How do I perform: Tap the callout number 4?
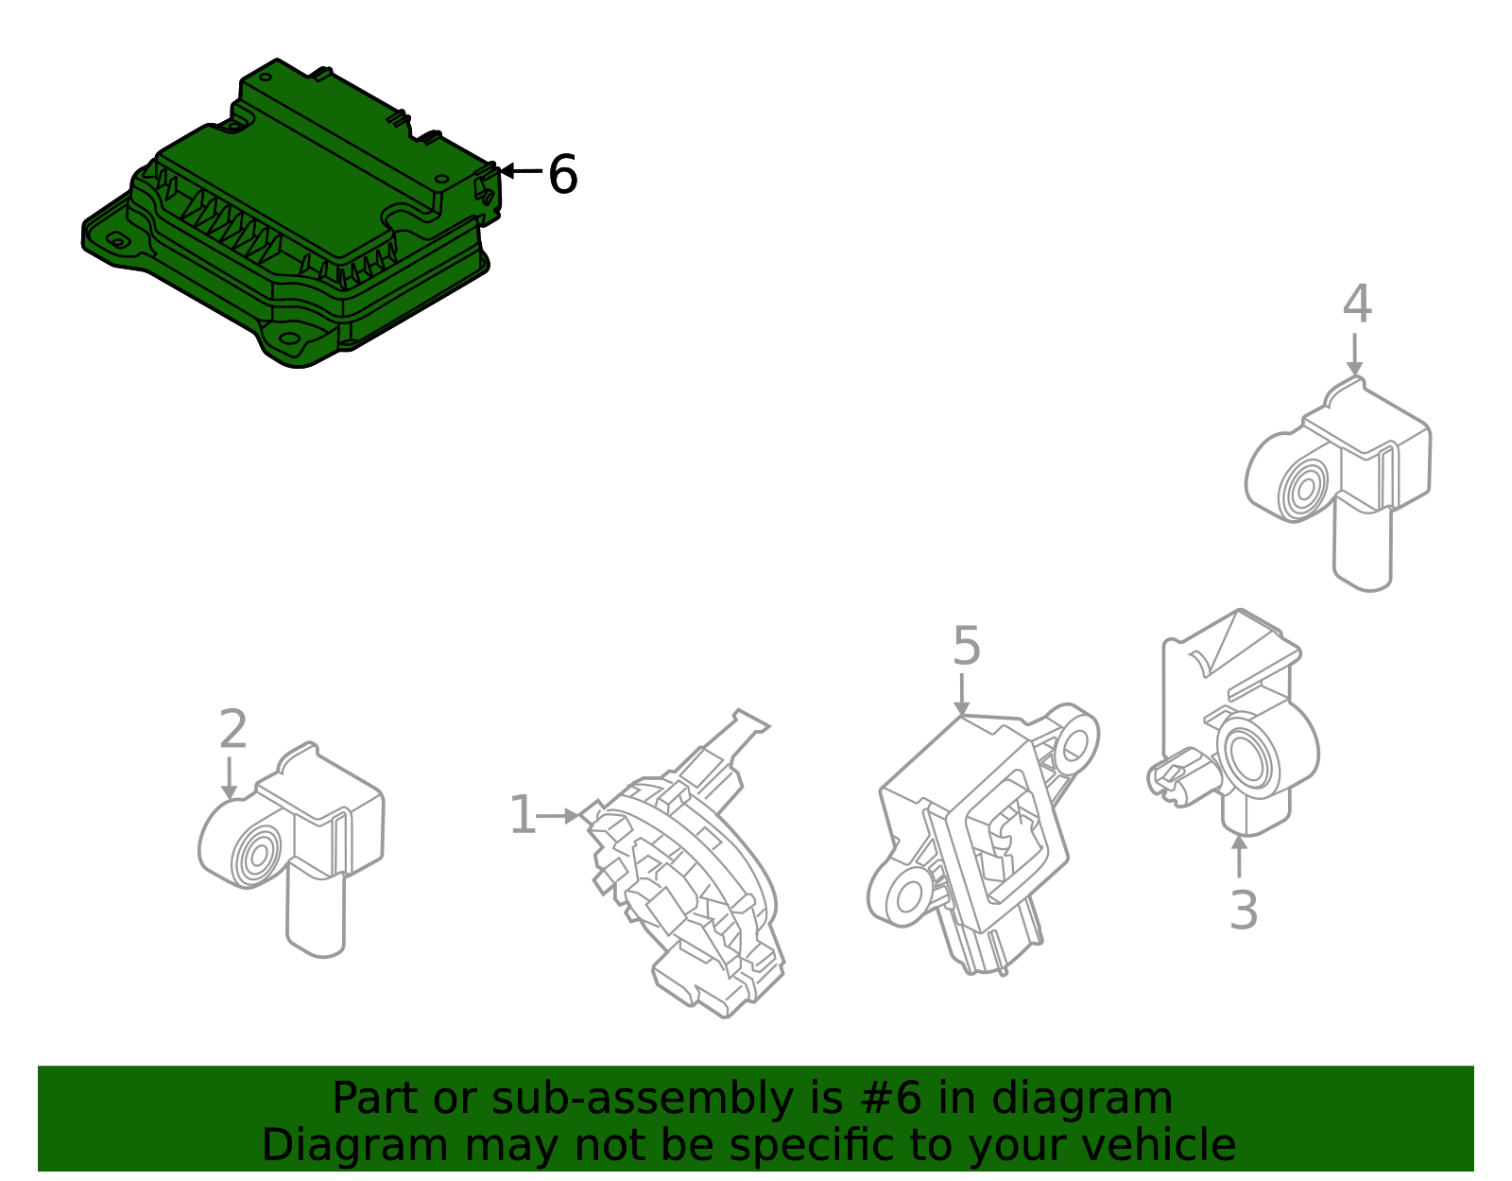tap(1358, 304)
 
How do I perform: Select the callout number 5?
tap(967, 645)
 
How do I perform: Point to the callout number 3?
tap(1244, 910)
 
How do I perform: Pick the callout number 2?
tap(233, 729)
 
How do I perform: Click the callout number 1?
tap(523, 814)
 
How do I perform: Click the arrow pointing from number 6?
tap(521, 170)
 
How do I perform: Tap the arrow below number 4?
tap(1354, 355)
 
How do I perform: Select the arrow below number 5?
tap(962, 695)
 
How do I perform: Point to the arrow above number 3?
tap(1239, 856)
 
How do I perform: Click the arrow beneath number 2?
tap(229, 778)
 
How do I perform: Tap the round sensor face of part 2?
tap(258, 855)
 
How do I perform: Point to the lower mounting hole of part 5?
tap(909, 897)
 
